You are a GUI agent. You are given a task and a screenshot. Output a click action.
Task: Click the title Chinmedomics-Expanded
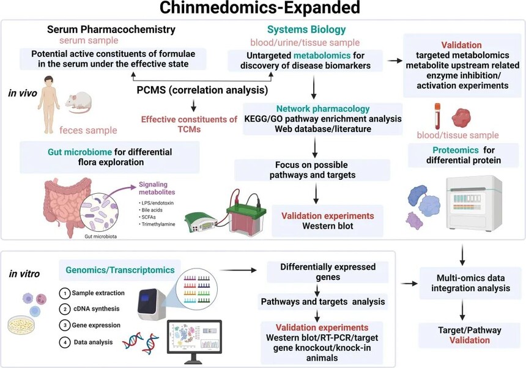tap(259, 7)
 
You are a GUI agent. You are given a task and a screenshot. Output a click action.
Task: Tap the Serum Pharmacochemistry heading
tap(111, 29)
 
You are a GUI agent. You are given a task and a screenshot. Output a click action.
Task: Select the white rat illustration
tap(78, 102)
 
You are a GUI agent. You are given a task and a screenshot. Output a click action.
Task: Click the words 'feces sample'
tap(88, 130)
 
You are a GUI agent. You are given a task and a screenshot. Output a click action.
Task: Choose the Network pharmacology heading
tap(323, 109)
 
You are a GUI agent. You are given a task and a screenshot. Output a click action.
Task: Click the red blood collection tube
tap(437, 116)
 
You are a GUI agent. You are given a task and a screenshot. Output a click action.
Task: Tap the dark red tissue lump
tap(461, 117)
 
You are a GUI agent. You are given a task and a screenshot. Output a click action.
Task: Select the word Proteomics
tap(455, 150)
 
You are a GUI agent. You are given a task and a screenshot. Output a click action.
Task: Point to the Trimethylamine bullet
tap(157, 224)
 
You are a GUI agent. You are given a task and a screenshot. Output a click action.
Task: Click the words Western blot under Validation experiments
tap(327, 226)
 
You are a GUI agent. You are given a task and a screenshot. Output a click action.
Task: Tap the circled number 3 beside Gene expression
tap(64, 325)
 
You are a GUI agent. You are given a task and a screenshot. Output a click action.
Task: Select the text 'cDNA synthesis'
tap(96, 309)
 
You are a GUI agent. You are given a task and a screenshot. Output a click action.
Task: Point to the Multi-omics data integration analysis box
tap(470, 283)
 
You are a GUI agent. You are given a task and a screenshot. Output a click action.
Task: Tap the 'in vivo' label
tap(23, 93)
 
